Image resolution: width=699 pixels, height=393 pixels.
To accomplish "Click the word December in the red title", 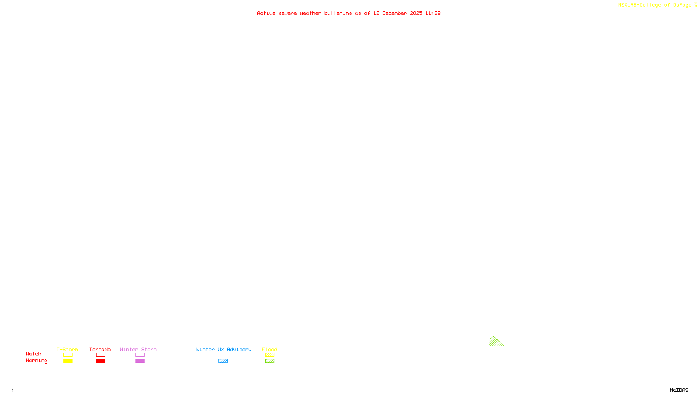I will (394, 13).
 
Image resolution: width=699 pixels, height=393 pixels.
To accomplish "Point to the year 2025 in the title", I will (416, 13).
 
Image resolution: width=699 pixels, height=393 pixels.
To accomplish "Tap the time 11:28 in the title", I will (433, 13).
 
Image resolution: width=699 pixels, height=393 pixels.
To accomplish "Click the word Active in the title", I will (266, 13).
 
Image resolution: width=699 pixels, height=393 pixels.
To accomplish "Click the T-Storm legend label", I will (67, 349).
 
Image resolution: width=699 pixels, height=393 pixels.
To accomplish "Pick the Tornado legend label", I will (100, 349).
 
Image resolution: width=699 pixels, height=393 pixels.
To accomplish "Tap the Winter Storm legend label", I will (138, 349).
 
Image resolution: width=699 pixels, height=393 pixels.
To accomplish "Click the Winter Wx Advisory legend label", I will (224, 349).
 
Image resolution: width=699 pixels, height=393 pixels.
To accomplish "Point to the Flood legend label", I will (270, 349).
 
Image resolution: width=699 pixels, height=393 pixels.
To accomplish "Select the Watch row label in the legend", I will (34, 354).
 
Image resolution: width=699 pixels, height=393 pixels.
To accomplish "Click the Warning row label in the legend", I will (36, 361).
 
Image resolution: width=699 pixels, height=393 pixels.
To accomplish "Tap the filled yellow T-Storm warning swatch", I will (68, 361).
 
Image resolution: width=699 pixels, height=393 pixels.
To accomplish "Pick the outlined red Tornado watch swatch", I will (100, 355).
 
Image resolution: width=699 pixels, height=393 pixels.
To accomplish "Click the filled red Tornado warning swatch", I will (100, 361).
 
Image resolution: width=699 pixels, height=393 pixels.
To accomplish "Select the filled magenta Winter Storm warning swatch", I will (140, 361).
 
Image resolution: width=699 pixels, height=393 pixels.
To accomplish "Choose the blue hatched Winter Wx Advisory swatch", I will (223, 361).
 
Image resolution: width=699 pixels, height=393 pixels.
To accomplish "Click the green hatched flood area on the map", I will (494, 342).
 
